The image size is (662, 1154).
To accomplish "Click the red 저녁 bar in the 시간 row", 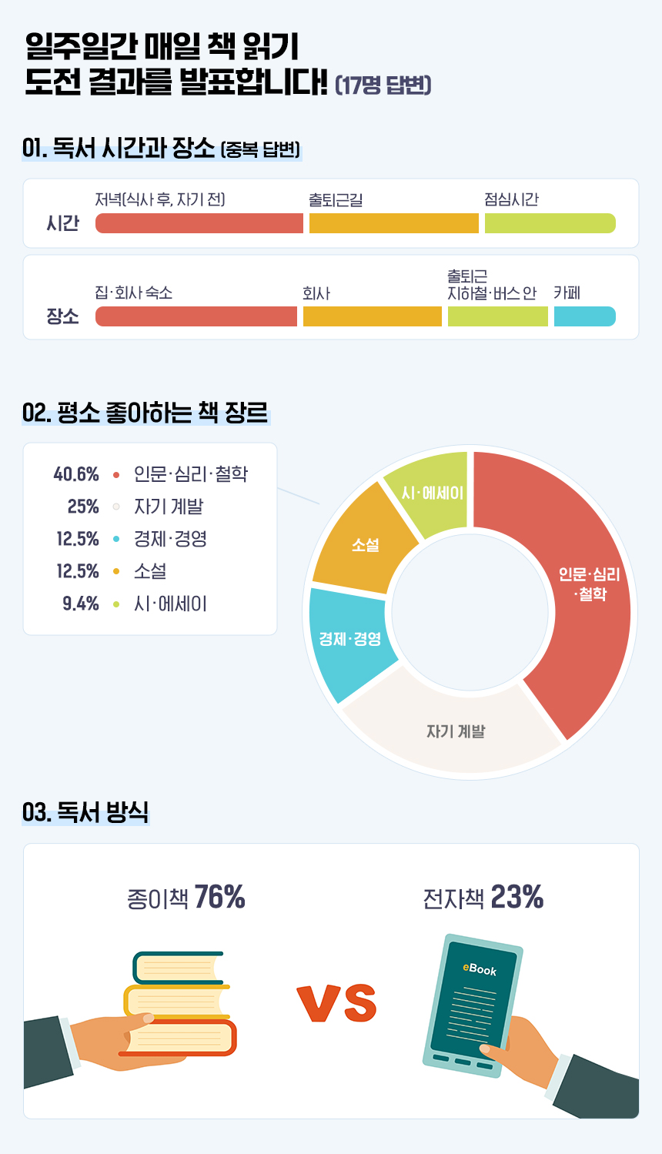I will [x=199, y=223].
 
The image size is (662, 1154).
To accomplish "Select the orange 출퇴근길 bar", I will [x=393, y=223].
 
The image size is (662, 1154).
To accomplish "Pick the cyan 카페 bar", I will [x=584, y=316].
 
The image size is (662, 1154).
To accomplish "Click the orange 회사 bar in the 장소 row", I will [x=372, y=316].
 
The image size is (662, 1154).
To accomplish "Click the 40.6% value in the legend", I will [x=76, y=474].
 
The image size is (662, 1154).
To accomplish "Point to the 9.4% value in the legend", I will [x=81, y=604].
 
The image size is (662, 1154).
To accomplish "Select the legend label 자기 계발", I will [x=169, y=507].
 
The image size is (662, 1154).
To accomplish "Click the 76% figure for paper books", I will [x=219, y=897].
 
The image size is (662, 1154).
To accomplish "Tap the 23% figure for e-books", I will [x=517, y=897].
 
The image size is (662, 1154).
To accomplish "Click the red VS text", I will [x=336, y=1003].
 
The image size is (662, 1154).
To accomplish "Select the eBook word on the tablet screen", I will [x=479, y=969].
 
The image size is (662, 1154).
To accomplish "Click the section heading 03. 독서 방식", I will [x=85, y=812].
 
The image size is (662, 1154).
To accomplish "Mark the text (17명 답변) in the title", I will [x=383, y=85].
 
